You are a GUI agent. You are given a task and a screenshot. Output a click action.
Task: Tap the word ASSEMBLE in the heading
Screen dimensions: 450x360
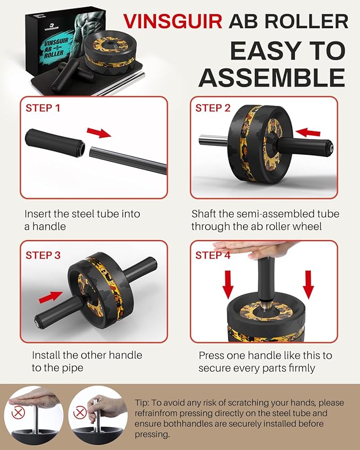pyautogui.click(x=271, y=77)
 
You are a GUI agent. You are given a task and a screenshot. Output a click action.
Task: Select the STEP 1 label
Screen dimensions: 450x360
pyautogui.click(x=43, y=109)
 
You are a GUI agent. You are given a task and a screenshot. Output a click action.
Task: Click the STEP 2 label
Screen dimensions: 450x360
pyautogui.click(x=213, y=109)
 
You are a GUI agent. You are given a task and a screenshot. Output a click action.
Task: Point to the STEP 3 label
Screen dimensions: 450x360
pyautogui.click(x=43, y=255)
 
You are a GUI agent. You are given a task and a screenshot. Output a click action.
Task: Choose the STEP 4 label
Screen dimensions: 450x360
pyautogui.click(x=213, y=255)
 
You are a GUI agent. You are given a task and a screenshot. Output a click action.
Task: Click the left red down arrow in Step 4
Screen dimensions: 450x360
pyautogui.click(x=228, y=284)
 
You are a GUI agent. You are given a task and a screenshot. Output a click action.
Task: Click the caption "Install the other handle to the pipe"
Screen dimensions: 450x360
pyautogui.click(x=87, y=361)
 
